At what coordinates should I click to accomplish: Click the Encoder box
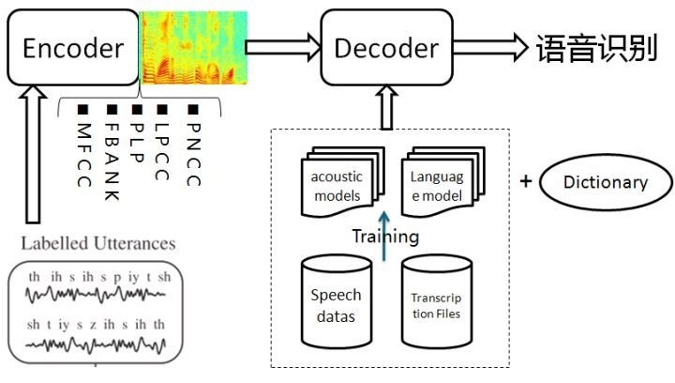point(72,48)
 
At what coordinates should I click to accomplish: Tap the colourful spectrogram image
point(192,44)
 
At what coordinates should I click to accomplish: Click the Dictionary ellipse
point(605,183)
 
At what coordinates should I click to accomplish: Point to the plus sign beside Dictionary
point(526,180)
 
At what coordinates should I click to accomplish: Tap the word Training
point(384,237)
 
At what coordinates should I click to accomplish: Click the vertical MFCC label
point(84,151)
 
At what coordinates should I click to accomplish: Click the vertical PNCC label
point(193,151)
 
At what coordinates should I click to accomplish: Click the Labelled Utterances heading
point(97,243)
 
